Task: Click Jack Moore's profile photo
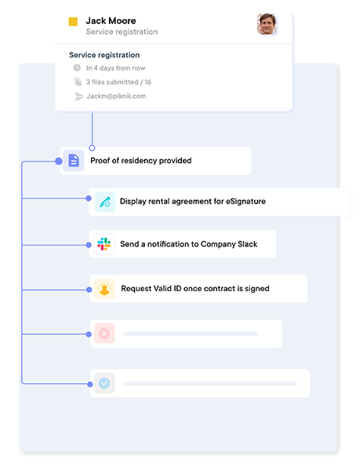[267, 24]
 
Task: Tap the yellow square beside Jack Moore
[73, 21]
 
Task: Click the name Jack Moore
[110, 21]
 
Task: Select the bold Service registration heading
[104, 55]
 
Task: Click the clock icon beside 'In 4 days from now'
[77, 68]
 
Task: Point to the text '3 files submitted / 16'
[119, 82]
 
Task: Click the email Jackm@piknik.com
[116, 96]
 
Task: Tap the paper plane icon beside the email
[79, 96]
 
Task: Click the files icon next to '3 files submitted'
[78, 82]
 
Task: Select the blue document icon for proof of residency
[73, 161]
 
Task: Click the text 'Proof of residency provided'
[140, 161]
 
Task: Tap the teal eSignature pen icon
[105, 202]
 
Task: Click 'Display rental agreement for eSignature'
[193, 201]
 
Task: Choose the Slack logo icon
[104, 244]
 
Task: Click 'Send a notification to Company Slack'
[189, 244]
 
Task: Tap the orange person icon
[105, 289]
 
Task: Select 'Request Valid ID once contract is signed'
[195, 288]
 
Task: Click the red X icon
[105, 333]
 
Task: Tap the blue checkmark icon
[105, 383]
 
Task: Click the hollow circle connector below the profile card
[92, 148]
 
